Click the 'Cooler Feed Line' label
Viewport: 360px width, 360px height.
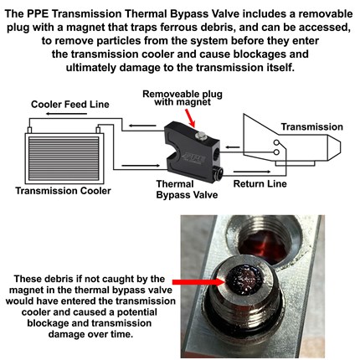(70, 105)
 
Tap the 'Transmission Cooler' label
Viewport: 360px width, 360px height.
(63, 191)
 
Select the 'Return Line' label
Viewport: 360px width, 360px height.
(260, 184)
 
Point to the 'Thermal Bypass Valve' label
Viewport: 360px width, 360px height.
(187, 189)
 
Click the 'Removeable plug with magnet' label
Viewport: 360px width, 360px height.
(183, 98)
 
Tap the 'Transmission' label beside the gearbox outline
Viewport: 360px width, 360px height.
(311, 126)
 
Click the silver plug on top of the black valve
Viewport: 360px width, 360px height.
(201, 136)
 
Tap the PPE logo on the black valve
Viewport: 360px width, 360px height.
(193, 159)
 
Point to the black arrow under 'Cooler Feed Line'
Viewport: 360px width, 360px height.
(66, 114)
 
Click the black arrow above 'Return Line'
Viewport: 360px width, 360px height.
(252, 172)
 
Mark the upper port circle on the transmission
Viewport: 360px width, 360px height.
(276, 142)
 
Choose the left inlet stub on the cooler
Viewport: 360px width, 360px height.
(29, 130)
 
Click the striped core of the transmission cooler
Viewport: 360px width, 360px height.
(64, 158)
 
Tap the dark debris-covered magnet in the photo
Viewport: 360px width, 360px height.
(244, 280)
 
